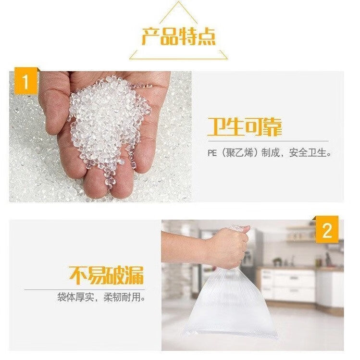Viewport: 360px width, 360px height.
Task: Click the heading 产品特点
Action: [179, 37]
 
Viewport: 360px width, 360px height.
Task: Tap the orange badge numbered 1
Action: [26, 81]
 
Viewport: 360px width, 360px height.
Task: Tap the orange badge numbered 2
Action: [327, 229]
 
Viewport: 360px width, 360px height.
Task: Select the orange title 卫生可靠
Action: [245, 127]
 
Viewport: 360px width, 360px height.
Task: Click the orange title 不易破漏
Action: [106, 275]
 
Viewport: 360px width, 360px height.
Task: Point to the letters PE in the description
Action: [212, 153]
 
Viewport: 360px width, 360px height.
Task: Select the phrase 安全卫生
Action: [308, 153]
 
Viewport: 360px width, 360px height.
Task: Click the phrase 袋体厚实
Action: [76, 297]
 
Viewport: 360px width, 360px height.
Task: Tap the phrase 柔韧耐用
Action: [122, 297]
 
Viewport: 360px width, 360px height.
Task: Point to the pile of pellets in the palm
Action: [108, 124]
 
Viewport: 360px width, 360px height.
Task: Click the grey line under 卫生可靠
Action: [268, 141]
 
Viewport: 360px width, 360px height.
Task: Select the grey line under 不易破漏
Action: [85, 290]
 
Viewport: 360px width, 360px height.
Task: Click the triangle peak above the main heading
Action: [178, 2]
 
